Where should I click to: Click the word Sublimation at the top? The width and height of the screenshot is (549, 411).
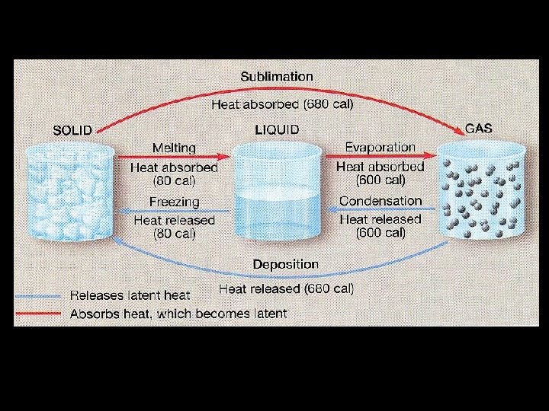coord(277,76)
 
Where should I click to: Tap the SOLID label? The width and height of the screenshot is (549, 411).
coord(72,129)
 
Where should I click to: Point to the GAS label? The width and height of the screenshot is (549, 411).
coord(478,128)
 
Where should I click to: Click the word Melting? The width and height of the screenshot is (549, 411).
coord(174,148)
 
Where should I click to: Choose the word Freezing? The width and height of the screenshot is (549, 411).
coord(174,202)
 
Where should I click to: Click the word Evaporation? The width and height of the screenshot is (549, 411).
coord(380,147)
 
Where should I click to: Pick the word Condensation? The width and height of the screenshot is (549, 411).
coord(380,201)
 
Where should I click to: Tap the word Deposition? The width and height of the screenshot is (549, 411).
coord(286,264)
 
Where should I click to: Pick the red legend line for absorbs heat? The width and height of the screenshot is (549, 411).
coord(37,313)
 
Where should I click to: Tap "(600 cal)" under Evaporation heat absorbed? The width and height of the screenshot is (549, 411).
coord(380,180)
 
